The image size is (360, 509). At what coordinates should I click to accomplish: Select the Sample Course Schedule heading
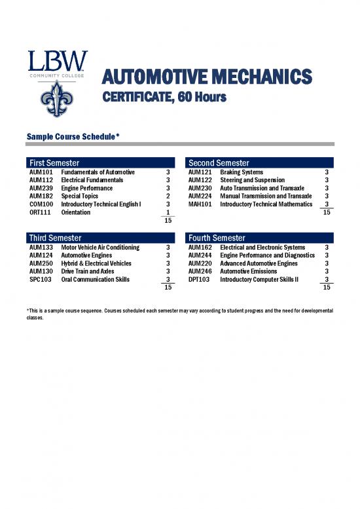tap(72, 136)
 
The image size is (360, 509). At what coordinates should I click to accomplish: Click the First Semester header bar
tap(101, 162)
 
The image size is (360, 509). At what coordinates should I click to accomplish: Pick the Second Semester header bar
tap(260, 162)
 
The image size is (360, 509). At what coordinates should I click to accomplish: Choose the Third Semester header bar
tap(101, 238)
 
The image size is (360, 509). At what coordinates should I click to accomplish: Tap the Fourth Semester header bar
tap(260, 238)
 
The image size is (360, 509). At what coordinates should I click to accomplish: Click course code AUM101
tap(41, 172)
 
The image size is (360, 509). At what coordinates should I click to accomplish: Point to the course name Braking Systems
tap(242, 172)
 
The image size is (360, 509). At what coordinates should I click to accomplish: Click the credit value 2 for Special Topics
tap(168, 196)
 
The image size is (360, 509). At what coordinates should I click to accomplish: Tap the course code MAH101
tap(199, 204)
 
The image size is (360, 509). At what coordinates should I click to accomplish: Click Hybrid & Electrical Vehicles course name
tap(96, 263)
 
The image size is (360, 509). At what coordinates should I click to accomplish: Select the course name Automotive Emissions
tap(248, 271)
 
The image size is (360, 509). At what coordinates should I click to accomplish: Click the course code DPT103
tap(199, 279)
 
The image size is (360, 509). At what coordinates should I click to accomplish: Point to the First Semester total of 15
tap(168, 221)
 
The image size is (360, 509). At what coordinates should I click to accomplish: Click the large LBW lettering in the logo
tap(56, 63)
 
